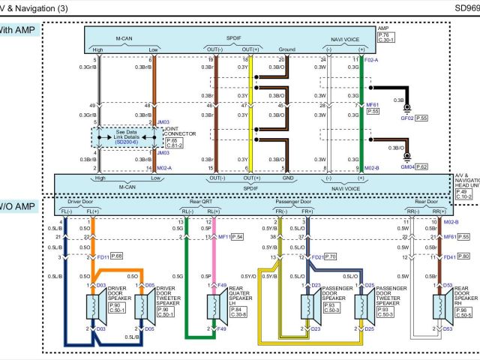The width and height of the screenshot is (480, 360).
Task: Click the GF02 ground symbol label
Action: coord(407,118)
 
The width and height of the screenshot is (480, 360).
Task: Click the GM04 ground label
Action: coord(407,166)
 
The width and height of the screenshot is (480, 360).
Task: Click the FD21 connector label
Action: coord(318,257)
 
